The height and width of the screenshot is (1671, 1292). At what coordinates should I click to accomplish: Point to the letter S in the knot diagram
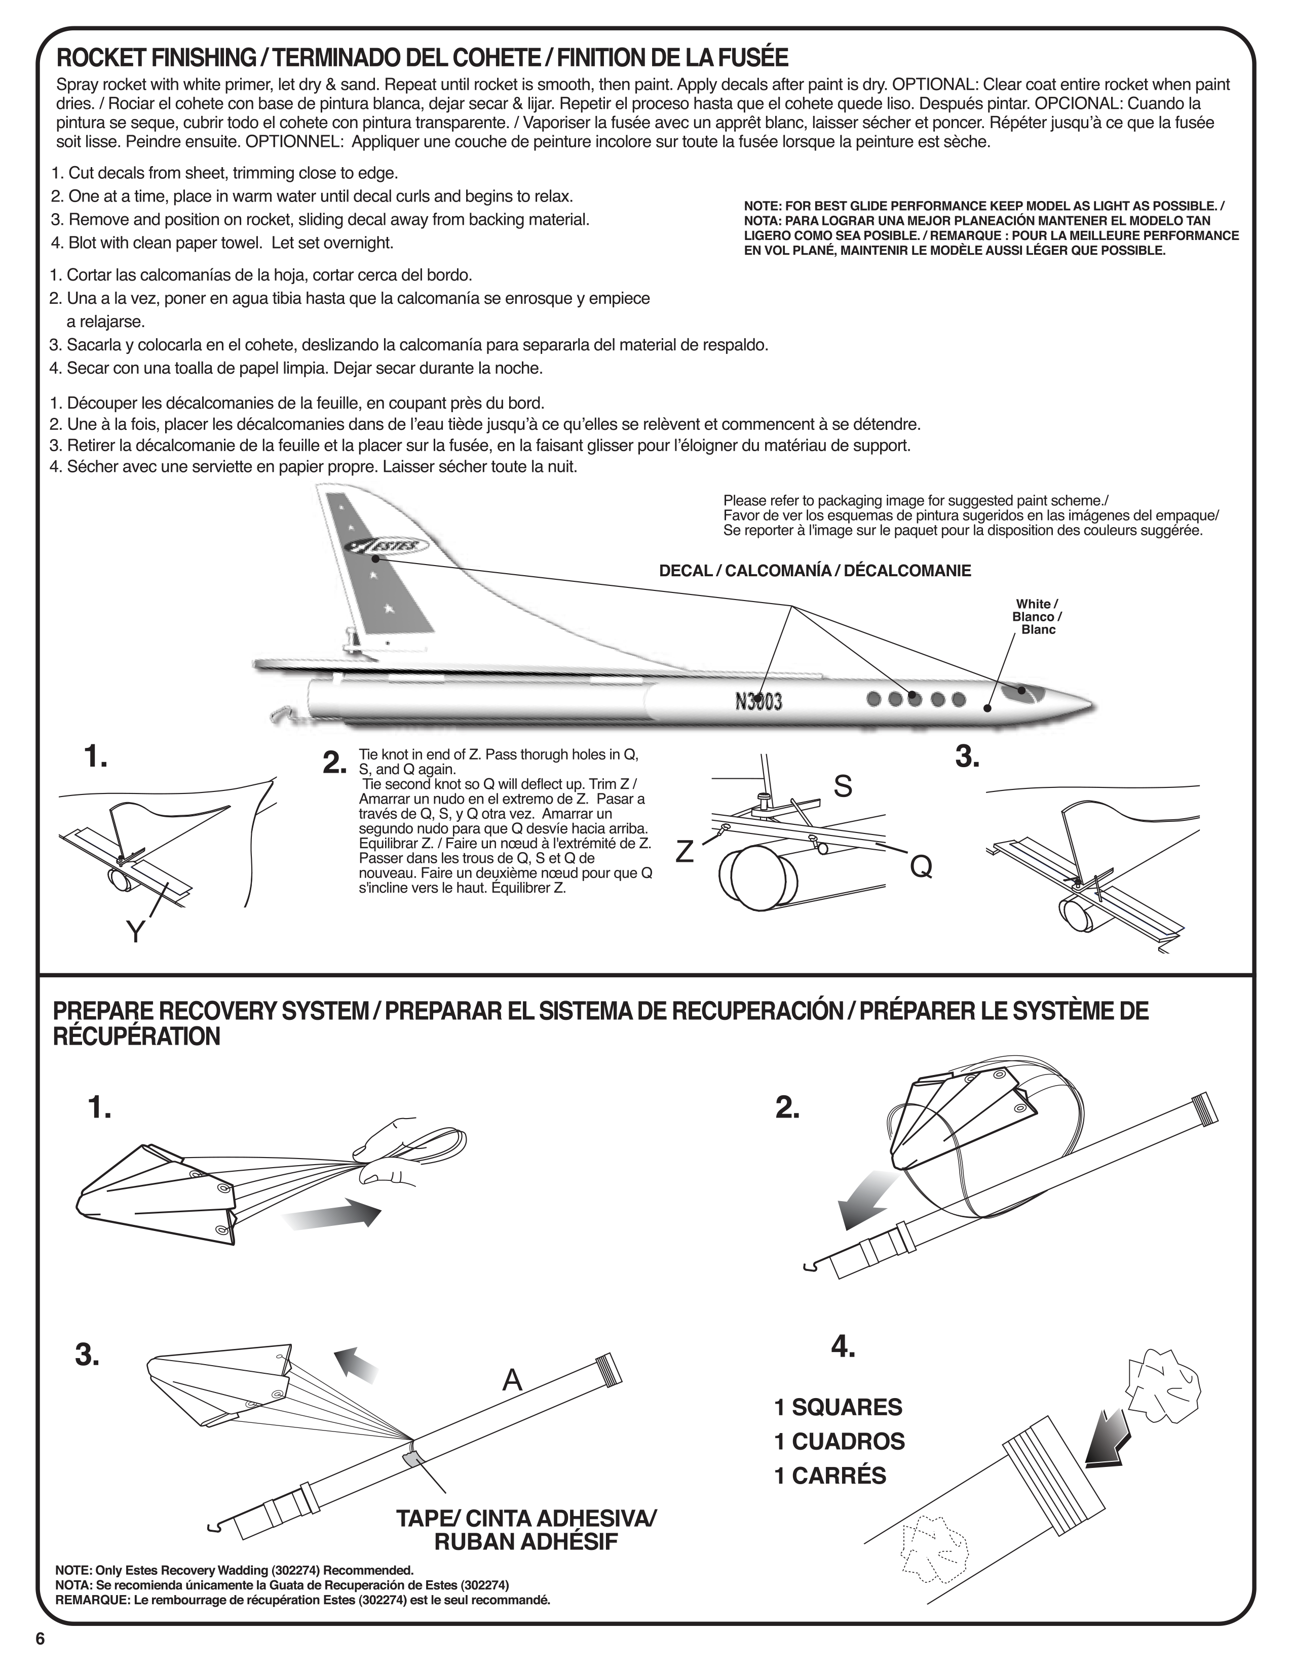842,786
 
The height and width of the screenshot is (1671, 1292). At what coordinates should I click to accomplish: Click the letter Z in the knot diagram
685,852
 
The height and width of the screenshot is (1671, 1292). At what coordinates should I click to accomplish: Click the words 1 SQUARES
838,1407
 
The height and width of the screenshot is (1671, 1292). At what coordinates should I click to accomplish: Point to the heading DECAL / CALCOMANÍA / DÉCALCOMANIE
815,571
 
